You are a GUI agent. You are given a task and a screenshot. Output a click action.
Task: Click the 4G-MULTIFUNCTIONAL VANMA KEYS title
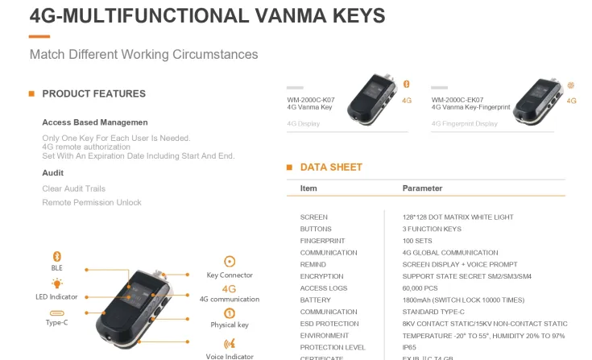tap(207, 15)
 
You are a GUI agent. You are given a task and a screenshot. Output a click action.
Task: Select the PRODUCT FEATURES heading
tap(93, 93)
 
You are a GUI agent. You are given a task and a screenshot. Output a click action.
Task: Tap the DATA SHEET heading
tap(331, 168)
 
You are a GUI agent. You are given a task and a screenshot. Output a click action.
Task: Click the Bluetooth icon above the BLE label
tap(56, 256)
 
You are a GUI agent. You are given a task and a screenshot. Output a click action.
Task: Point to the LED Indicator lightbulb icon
tap(56, 283)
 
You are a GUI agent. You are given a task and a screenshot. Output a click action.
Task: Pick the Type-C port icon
tap(56, 312)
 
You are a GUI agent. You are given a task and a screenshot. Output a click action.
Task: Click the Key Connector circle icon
tap(230, 262)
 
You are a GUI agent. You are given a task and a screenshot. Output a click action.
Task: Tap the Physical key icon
tap(230, 313)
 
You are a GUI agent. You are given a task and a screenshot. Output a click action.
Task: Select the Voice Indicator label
tap(230, 356)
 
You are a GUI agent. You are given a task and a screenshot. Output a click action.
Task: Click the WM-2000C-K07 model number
tap(310, 100)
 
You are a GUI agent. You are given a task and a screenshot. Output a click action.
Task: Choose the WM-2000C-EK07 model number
tap(457, 100)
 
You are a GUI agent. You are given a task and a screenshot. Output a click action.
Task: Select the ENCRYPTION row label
tap(322, 276)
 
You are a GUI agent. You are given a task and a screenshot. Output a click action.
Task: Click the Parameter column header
tap(422, 188)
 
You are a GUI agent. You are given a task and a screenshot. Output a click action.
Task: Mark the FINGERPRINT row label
tap(322, 241)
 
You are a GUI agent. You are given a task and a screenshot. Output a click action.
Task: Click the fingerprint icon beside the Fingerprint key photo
tap(571, 85)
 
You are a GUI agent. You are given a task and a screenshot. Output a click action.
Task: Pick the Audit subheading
tap(52, 172)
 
